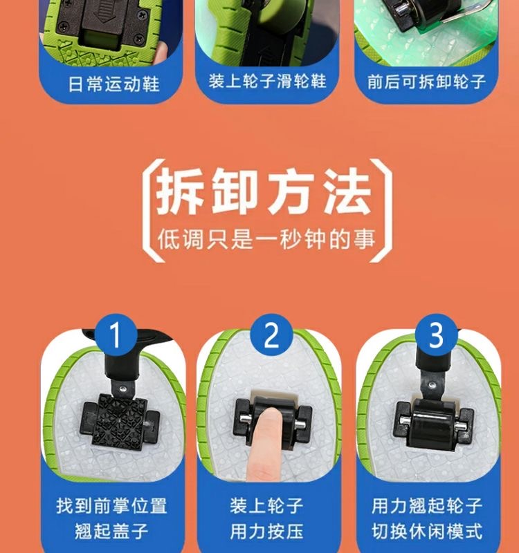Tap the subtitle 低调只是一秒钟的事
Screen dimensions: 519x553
tap(266, 239)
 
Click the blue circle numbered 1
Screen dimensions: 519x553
tap(116, 335)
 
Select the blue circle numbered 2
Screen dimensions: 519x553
tap(271, 335)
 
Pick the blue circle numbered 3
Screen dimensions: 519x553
tap(436, 335)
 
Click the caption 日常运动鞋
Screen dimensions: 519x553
tap(113, 84)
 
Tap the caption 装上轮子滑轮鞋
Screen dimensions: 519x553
tap(267, 81)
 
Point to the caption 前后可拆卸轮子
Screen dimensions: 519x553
tap(426, 82)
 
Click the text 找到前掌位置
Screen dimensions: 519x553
tap(111, 505)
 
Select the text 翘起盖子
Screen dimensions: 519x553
tap(111, 531)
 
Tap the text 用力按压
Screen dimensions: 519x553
tap(267, 531)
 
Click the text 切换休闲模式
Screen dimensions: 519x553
tap(427, 531)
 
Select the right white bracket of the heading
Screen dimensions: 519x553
tap(381, 211)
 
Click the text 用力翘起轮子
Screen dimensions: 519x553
tap(427, 505)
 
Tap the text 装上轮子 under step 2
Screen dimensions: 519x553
tap(267, 505)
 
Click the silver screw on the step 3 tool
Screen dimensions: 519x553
tap(431, 384)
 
